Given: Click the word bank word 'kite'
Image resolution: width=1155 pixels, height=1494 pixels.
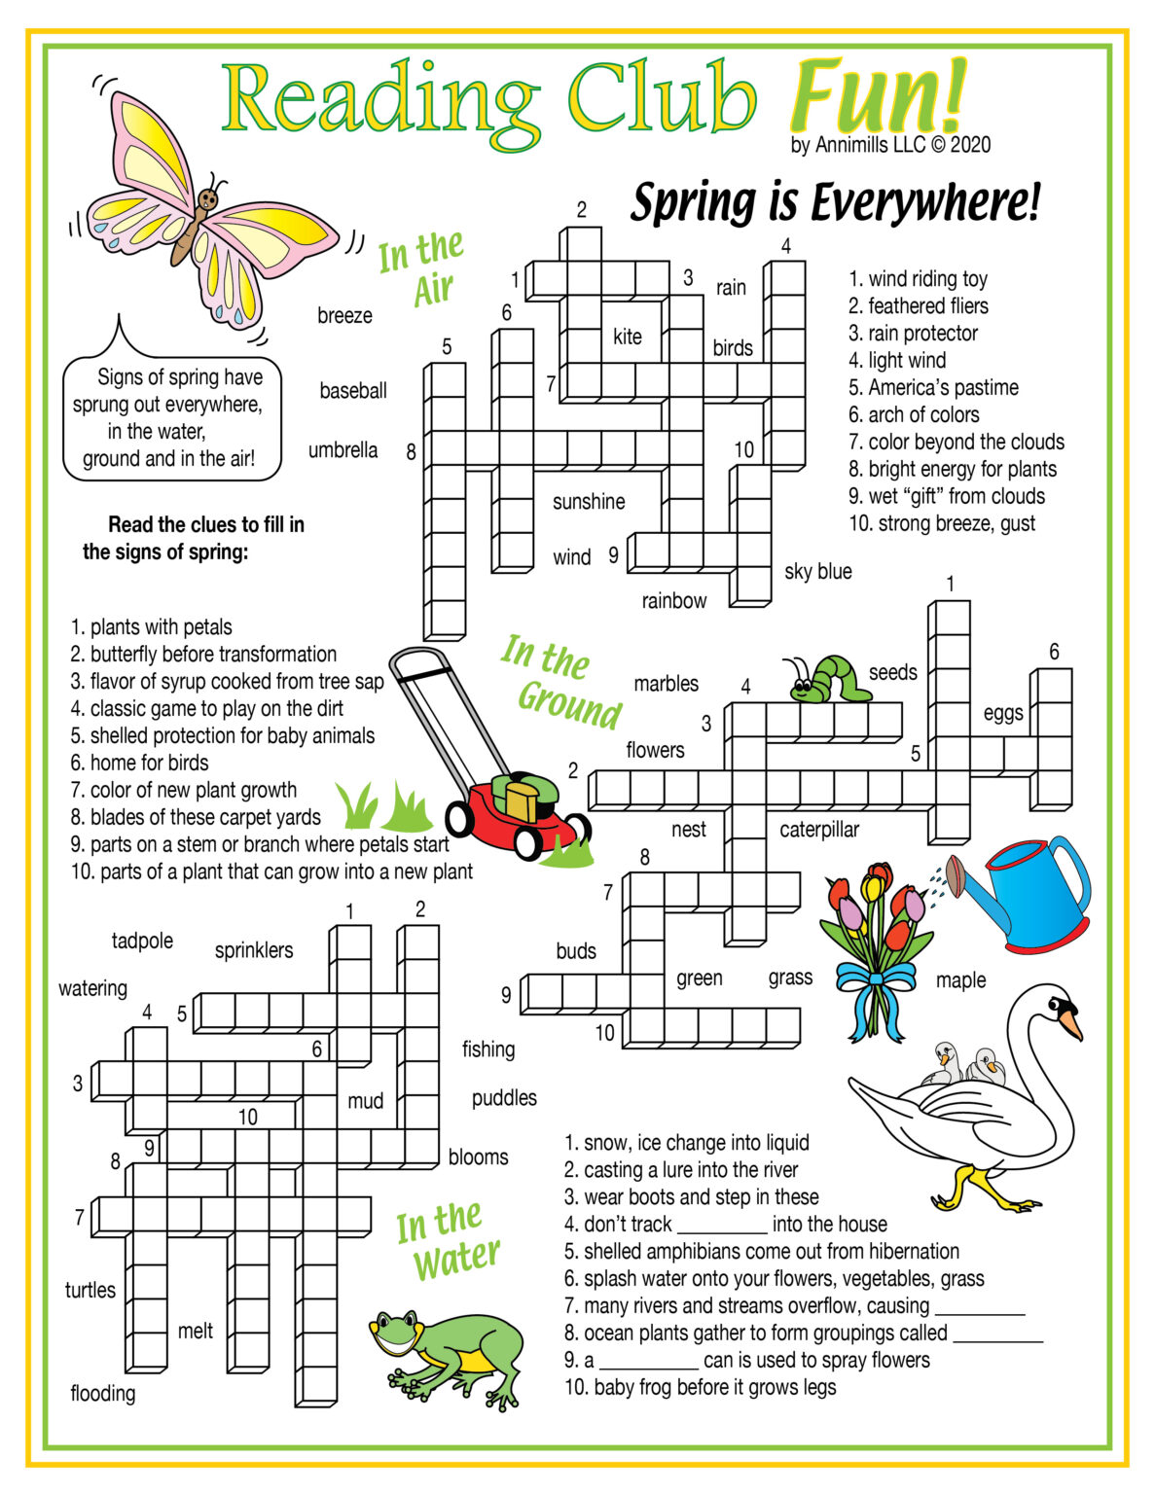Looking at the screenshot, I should (x=627, y=337).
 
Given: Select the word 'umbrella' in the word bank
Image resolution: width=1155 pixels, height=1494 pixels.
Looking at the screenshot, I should (x=343, y=450).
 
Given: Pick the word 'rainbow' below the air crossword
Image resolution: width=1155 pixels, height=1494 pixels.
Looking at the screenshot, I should (x=673, y=601).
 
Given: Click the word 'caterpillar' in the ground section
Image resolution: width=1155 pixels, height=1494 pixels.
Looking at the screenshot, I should (x=819, y=830).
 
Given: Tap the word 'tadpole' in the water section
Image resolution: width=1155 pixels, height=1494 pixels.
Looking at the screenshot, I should (x=142, y=941).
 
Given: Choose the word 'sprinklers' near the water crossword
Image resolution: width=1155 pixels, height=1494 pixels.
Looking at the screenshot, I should (x=253, y=950).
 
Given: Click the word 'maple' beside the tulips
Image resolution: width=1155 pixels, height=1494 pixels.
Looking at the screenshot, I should (x=960, y=980).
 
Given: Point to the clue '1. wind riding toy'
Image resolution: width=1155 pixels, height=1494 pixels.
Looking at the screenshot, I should (x=918, y=279).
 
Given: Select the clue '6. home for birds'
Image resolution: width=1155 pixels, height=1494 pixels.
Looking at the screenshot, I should (x=139, y=763).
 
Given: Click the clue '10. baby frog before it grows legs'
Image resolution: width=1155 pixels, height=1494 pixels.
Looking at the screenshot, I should (x=700, y=1387).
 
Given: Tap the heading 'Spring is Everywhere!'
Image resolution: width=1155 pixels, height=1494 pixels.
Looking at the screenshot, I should (x=835, y=202).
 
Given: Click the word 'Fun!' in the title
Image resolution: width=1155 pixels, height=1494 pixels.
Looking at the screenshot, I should (x=878, y=97).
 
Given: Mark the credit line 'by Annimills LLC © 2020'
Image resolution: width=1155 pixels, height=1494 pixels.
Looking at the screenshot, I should (x=890, y=145).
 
